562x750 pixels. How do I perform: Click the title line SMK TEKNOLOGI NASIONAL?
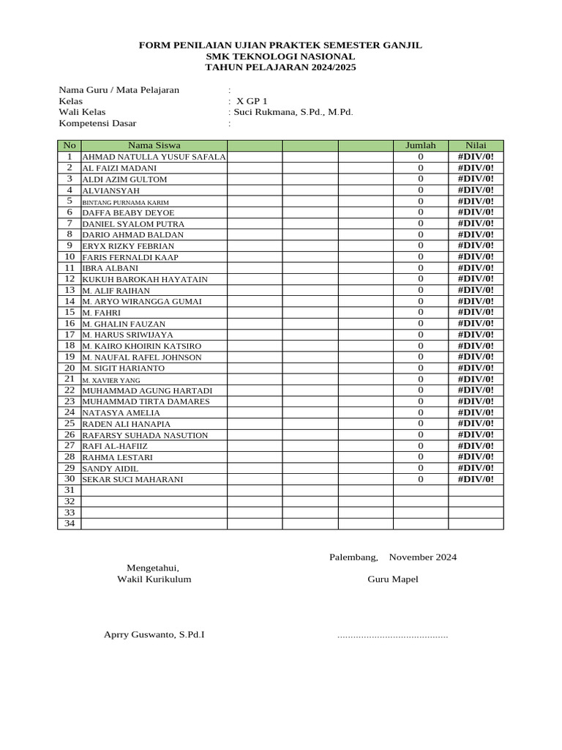[x=280, y=56]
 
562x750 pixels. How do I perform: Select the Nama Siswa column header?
[x=154, y=145]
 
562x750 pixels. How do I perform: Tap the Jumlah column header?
[x=420, y=145]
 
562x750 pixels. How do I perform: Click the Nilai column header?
[x=476, y=145]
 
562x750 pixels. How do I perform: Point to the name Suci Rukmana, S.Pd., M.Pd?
[x=293, y=112]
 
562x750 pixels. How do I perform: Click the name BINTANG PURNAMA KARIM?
[x=125, y=202]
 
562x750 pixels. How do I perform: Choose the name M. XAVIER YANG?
[x=110, y=381]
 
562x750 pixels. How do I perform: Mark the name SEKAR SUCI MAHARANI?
[x=132, y=480]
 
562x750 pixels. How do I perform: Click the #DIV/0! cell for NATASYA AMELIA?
[x=476, y=412]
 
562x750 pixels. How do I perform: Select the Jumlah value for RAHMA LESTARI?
[x=421, y=457]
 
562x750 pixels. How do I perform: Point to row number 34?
[x=70, y=523]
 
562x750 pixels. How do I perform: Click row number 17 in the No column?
[x=70, y=334]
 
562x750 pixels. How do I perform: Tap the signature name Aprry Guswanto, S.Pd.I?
[x=154, y=634]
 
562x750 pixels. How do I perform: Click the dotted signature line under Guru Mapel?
[x=392, y=636]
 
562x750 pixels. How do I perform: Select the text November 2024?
[x=422, y=557]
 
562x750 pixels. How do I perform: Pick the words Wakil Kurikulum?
[x=154, y=579]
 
